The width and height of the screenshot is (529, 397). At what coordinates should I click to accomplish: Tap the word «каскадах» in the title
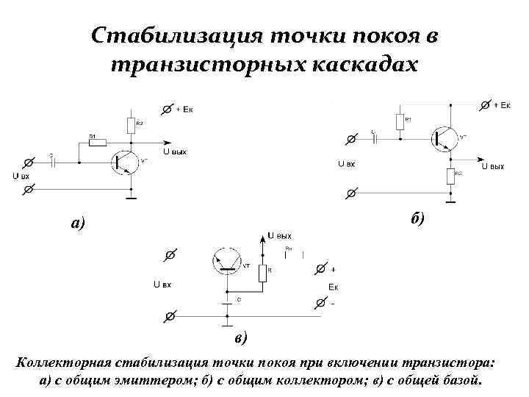point(361,65)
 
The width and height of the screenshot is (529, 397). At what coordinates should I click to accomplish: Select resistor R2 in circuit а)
point(130,124)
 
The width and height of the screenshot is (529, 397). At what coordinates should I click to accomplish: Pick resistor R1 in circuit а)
point(98,143)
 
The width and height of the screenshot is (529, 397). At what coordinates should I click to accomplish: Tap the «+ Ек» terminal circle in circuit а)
point(166,109)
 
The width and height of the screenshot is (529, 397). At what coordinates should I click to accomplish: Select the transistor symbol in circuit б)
point(444,137)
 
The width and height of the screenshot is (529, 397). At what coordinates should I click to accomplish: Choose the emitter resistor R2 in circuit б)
point(450,175)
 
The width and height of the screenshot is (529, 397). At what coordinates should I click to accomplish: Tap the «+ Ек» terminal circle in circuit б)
point(485,105)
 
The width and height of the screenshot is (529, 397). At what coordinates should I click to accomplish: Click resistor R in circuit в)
point(262,272)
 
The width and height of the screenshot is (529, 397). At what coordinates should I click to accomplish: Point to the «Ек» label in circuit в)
point(333,286)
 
